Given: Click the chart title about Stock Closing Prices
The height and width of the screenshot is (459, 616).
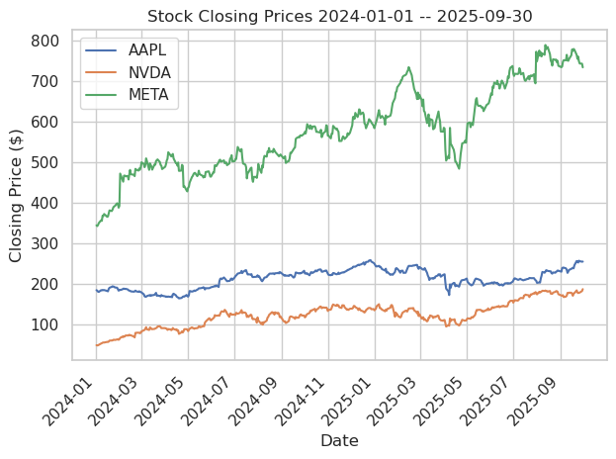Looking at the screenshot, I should pos(339,16).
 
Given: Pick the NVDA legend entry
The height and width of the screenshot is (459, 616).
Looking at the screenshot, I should pos(150,71).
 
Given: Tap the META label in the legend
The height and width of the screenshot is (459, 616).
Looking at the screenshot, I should pos(150,94).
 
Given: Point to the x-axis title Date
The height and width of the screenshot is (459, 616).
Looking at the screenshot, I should pos(339,441).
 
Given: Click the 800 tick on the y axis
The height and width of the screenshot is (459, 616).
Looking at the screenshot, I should pos(48,42).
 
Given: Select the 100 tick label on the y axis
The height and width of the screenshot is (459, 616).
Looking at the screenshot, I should pos(48,325).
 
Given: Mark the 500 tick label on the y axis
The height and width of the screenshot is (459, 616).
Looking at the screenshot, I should pos(48,163).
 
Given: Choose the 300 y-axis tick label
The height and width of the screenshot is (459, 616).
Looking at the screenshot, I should pos(48,244).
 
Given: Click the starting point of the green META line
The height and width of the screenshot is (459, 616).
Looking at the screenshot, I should pos(96,227).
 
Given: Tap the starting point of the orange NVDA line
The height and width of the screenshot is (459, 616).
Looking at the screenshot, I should pos(96,345).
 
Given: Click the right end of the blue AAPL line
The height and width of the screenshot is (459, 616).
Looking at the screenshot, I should pos(582,261).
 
